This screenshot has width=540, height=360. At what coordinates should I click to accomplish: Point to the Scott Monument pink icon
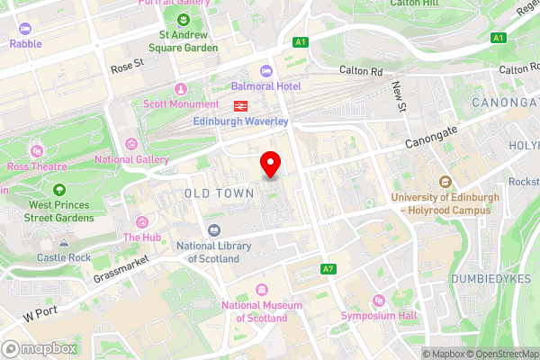[180, 88]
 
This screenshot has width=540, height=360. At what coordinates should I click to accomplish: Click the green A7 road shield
[328, 269]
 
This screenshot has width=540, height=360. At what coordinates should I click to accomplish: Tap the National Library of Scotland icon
[213, 230]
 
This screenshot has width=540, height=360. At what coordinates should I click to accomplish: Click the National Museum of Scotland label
[261, 311]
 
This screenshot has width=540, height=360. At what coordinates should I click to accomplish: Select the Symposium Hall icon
[378, 301]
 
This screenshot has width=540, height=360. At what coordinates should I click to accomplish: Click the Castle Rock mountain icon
[64, 243]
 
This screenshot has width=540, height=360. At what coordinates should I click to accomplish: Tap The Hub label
[142, 238]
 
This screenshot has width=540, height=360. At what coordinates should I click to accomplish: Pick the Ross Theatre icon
[36, 150]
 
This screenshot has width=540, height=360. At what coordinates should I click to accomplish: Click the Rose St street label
[126, 64]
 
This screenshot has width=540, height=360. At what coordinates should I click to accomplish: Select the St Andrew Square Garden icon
[184, 20]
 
